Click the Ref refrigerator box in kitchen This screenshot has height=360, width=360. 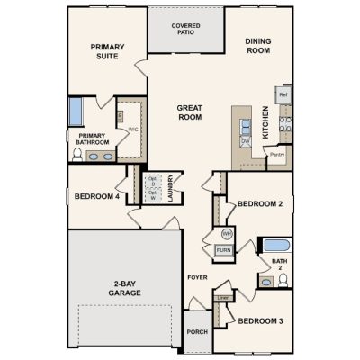point(283,94)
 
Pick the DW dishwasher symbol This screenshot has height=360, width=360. point(244,140)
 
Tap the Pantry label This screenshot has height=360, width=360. point(277,155)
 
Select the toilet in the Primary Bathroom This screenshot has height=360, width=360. point(76,155)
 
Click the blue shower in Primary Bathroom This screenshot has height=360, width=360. point(75,115)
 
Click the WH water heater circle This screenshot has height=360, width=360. point(226,234)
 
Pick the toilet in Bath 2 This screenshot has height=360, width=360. point(283,280)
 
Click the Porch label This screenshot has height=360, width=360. point(198,331)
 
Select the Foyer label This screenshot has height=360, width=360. point(196,277)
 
